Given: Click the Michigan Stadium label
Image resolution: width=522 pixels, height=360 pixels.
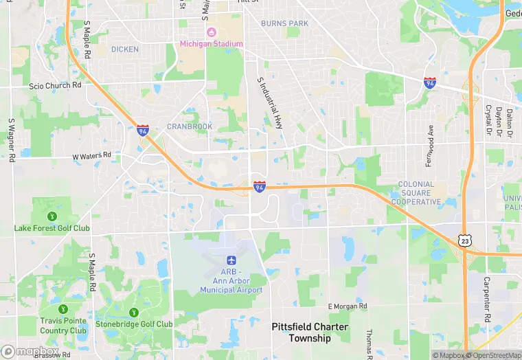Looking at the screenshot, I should (x=212, y=44).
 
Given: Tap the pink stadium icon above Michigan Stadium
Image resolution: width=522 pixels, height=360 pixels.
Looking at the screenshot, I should (x=212, y=32).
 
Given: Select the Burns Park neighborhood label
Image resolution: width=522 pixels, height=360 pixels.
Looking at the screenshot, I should (x=284, y=23).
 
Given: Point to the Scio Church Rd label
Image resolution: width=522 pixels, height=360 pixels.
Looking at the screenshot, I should (x=55, y=86).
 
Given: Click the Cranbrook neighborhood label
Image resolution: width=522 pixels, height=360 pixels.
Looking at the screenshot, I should (x=190, y=126).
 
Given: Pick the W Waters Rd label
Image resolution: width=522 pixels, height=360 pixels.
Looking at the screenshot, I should (x=92, y=156).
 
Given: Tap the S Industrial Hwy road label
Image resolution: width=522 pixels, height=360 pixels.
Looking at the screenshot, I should (x=270, y=103).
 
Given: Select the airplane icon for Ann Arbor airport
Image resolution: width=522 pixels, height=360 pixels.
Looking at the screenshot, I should (x=231, y=260).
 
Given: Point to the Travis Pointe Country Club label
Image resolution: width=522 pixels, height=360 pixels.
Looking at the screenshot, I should (x=64, y=325).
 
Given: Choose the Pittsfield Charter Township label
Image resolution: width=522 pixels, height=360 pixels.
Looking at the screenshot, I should (x=310, y=333).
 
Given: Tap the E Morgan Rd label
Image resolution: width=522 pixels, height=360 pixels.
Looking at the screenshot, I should (x=348, y=306).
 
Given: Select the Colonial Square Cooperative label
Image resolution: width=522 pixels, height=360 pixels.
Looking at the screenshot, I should (x=416, y=193).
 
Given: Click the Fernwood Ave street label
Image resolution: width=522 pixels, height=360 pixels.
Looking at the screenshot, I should (x=431, y=140).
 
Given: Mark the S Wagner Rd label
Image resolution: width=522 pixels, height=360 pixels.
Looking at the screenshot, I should (x=12, y=139).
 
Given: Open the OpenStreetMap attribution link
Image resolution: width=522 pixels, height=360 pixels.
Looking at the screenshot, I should (x=492, y=355).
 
